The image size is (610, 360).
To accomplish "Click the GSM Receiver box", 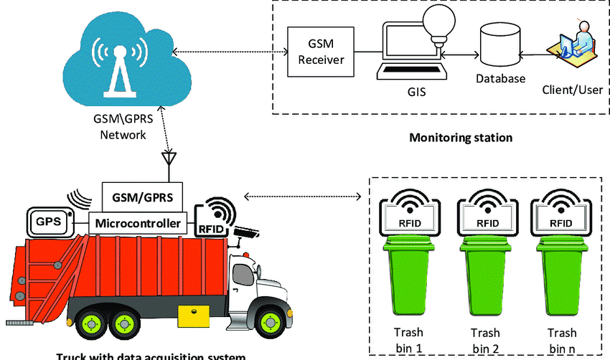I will coord(322,52).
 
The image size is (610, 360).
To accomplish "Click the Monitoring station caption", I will coord(461,137).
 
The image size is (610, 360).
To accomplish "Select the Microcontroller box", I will coord(137,223).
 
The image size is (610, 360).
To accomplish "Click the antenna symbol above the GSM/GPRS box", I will coord(169,160).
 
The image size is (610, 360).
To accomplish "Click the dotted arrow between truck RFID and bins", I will coord(301,195).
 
